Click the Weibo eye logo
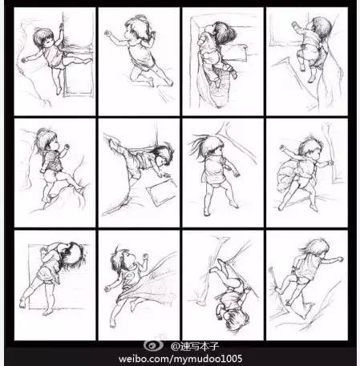pos(154,345)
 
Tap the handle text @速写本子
pos(195,347)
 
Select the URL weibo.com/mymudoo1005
pos(180,359)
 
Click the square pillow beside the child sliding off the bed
pos(162,192)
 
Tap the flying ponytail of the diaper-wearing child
pos(199,144)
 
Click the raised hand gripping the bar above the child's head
pos(62,26)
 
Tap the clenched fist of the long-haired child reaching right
pos(340,259)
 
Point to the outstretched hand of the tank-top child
pos(107,34)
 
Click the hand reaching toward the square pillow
pos(164,175)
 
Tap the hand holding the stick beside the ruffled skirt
pos(330,162)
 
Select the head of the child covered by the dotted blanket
pos(123,260)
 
